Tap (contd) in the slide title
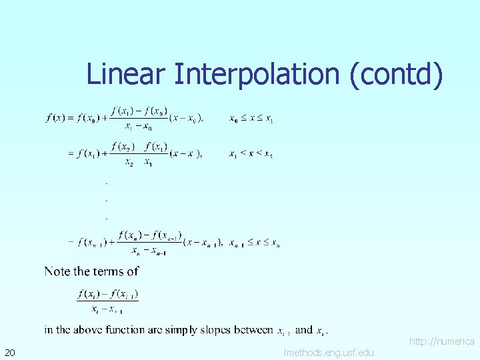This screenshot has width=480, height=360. click(x=396, y=74)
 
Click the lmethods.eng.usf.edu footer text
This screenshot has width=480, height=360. click(x=329, y=352)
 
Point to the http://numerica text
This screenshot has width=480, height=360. click(x=441, y=341)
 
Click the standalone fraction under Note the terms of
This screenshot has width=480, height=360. click(x=107, y=301)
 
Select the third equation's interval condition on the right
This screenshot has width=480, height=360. click(x=255, y=243)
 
